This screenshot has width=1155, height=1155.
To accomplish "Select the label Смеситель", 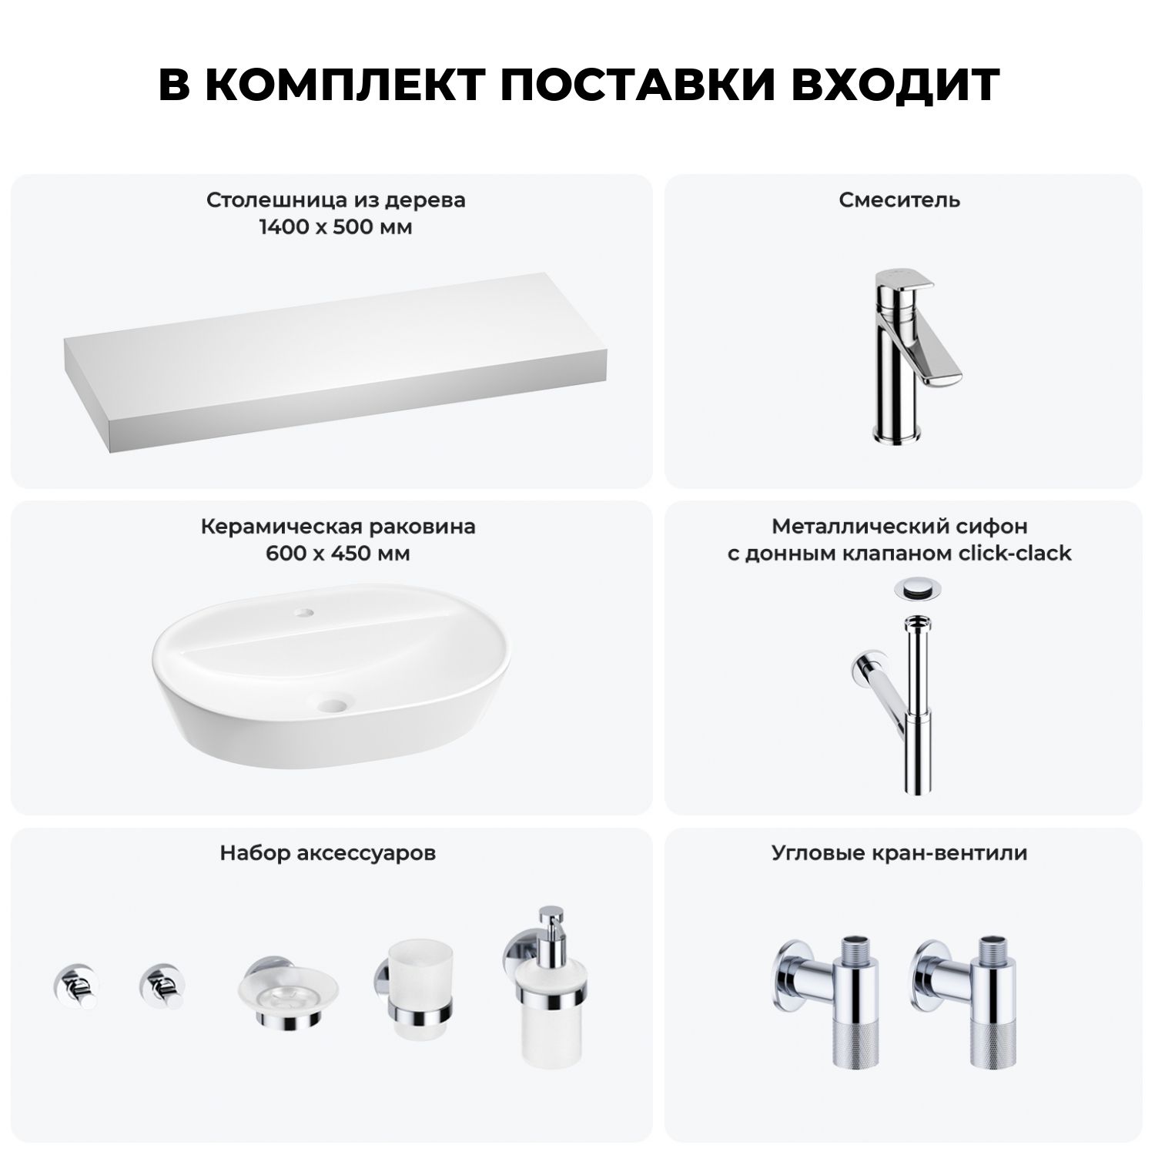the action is [899, 200].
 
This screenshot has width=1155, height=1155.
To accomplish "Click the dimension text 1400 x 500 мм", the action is [336, 227].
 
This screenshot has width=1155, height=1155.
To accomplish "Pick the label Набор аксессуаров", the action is [328, 853].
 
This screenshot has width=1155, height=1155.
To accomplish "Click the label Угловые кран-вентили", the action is [899, 853].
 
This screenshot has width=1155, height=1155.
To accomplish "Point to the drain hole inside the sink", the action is [335, 703].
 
